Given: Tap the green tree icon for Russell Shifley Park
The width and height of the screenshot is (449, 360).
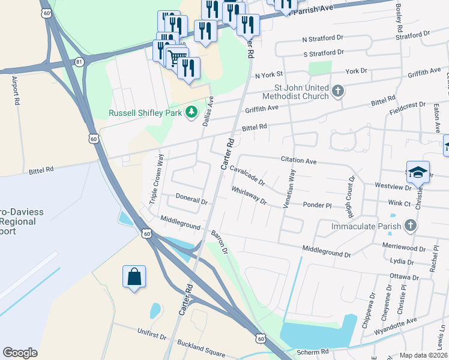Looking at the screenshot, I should click(191, 112).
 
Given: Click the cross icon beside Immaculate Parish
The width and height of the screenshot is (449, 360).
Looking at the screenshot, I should click(411, 226).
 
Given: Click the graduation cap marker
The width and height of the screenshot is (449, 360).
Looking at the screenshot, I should click(418, 172).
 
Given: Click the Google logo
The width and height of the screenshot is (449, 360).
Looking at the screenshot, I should click(20, 353).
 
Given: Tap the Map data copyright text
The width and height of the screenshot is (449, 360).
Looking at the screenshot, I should click(424, 355).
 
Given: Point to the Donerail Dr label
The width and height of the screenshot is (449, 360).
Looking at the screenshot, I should click(191, 199).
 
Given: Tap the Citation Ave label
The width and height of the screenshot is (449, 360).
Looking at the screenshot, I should click(298, 161).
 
